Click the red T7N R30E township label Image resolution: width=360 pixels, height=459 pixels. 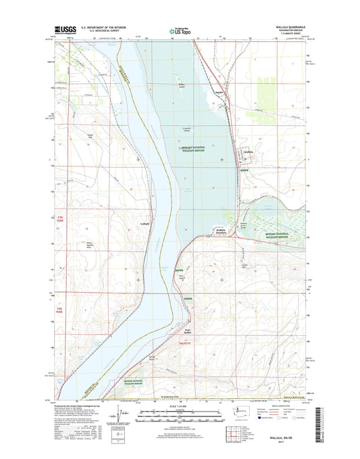[x=65, y=218]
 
